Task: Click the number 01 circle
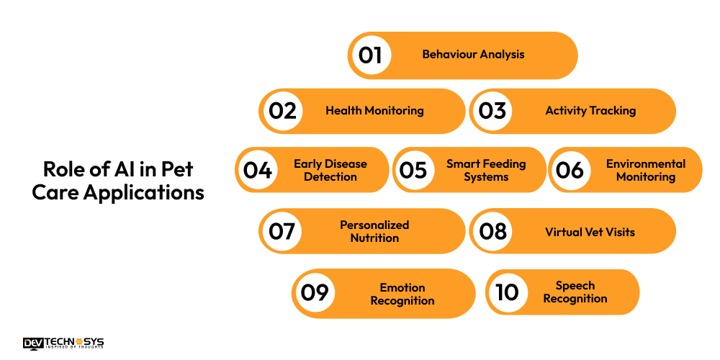pos(370,55)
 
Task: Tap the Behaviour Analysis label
pos(473,54)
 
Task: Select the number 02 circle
pos(282,111)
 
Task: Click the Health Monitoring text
pos(374,111)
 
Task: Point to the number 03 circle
pos(492,111)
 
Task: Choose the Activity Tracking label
pos(590,111)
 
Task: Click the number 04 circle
pos(258,170)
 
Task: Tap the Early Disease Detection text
pos(330,170)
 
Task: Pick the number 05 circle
pos(414,170)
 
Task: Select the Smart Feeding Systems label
pos(486,170)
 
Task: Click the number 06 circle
pos(570,170)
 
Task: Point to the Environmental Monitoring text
pos(646,170)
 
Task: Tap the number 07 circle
pos(282,231)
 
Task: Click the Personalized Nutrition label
pos(374,231)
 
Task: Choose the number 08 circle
pos(492,231)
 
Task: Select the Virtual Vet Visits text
pos(590,232)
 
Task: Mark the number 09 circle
pos(315,292)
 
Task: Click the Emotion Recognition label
pos(402,294)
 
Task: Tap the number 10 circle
pos(508,292)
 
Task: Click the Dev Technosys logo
pos(63,343)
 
